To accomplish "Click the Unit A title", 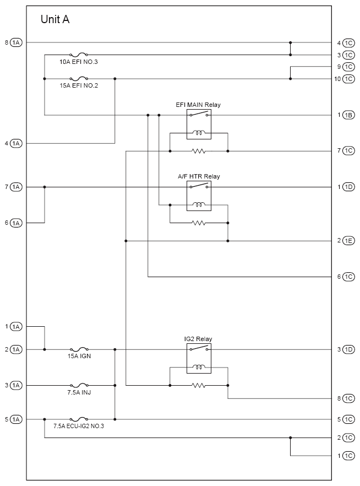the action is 55,19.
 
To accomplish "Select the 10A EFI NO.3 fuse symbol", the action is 79,55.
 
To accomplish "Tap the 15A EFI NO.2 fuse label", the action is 79,85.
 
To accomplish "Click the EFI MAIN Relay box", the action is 199,124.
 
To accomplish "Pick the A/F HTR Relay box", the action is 199,196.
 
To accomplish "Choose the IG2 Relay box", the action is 199,358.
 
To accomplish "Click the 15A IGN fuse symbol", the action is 79,349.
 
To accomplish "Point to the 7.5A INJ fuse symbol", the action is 79,385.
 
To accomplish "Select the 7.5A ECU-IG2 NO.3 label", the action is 79,426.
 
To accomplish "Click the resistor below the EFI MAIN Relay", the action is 198,151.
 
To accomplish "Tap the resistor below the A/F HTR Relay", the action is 198,223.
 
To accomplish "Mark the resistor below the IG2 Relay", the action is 198,385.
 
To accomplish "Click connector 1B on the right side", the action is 348,115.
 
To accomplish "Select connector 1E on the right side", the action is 348,241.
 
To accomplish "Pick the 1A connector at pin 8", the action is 16,42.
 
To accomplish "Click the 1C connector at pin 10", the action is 348,79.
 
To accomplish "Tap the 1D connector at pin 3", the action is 348,349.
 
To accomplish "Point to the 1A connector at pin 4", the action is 16,143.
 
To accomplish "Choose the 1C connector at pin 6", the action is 348,277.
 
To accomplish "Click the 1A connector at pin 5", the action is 16,420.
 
